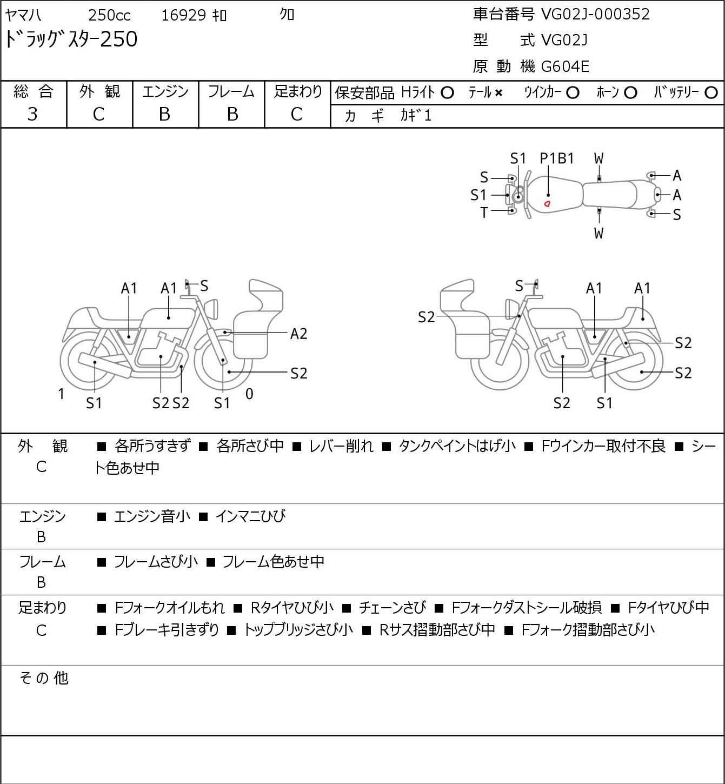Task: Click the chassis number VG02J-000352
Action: (595, 14)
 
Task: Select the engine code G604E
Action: (565, 67)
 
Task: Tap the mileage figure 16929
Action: (183, 15)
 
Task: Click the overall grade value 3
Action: (32, 114)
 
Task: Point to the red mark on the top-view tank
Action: (547, 204)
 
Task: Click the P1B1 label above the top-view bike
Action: (557, 158)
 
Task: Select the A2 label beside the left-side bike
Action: (298, 334)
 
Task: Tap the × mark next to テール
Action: (498, 93)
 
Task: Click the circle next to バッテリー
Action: (711, 93)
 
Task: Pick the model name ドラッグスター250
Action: (71, 39)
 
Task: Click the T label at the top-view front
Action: (484, 213)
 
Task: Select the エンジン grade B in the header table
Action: (165, 114)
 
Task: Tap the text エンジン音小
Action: (152, 516)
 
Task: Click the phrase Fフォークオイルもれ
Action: (170, 608)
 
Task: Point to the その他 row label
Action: (43, 678)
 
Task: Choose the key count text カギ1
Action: (416, 116)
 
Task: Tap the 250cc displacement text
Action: (109, 15)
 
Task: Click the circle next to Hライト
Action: (447, 93)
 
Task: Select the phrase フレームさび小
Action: (156, 562)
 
